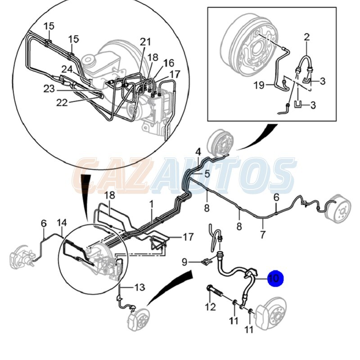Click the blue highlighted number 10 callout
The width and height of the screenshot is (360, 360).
point(275,278)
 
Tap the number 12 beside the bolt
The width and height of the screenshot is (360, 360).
point(210,307)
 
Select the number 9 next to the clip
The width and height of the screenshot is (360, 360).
point(184,262)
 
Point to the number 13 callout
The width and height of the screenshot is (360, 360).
point(139,287)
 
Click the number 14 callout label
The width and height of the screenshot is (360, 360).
point(62,222)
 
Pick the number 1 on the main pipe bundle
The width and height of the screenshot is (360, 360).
point(151,204)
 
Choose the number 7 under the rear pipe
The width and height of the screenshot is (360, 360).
point(263,234)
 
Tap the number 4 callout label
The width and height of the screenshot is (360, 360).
point(198,152)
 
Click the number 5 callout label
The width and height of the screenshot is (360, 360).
point(207,174)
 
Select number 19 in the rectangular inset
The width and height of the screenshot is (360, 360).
point(259,85)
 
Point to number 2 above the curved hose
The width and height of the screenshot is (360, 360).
point(307,37)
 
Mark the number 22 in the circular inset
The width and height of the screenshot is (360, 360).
point(62,103)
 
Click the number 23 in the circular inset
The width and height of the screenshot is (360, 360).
point(49,89)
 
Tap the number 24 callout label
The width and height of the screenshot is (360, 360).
point(67,69)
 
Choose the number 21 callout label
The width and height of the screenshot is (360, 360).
point(145,42)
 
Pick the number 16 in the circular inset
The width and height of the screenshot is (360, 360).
point(169,63)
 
